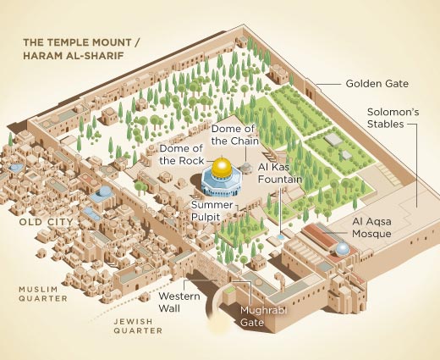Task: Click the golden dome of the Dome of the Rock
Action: click(222, 167)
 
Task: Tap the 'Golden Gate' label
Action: click(377, 84)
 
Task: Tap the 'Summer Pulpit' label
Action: click(212, 210)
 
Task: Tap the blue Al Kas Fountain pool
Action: click(280, 239)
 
